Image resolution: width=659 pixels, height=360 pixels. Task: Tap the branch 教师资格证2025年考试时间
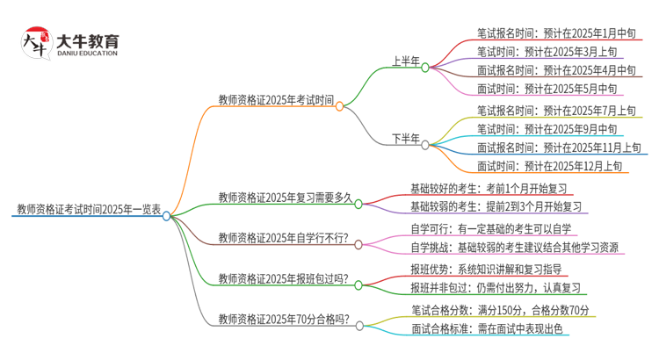click(275, 100)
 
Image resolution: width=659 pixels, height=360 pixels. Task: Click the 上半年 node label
click(405, 61)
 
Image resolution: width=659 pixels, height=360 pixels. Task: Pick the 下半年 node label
click(405, 139)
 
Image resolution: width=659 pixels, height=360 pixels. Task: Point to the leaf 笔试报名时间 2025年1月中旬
click(556, 33)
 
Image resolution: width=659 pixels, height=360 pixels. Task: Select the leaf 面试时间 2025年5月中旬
click(550, 89)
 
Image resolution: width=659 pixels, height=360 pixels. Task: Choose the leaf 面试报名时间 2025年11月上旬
click(559, 147)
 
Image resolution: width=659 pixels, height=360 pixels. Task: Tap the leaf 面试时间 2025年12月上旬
click(550, 165)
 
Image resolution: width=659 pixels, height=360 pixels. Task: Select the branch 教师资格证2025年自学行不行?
click(283, 238)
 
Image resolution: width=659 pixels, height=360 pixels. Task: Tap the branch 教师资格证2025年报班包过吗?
click(283, 279)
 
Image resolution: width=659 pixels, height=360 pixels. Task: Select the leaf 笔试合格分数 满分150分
click(500, 310)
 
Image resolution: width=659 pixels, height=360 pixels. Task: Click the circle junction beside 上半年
click(425, 66)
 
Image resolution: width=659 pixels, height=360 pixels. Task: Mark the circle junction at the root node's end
click(166, 215)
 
